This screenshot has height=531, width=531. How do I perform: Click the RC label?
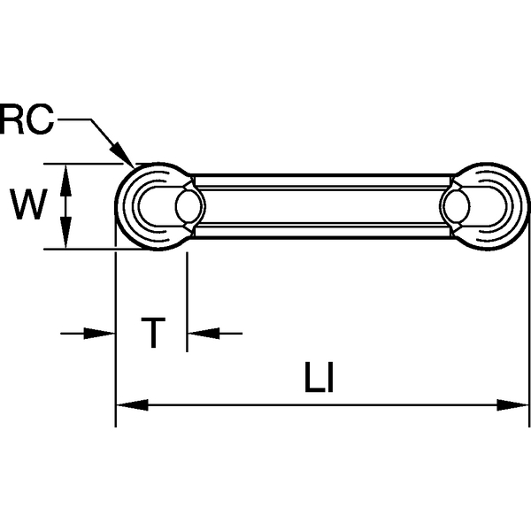[x=27, y=119]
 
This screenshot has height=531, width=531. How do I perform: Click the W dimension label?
[x=28, y=206]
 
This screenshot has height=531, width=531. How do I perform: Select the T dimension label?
[x=154, y=334]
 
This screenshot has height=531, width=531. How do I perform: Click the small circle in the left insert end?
[x=189, y=206]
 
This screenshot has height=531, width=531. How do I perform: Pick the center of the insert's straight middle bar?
[x=322, y=206]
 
